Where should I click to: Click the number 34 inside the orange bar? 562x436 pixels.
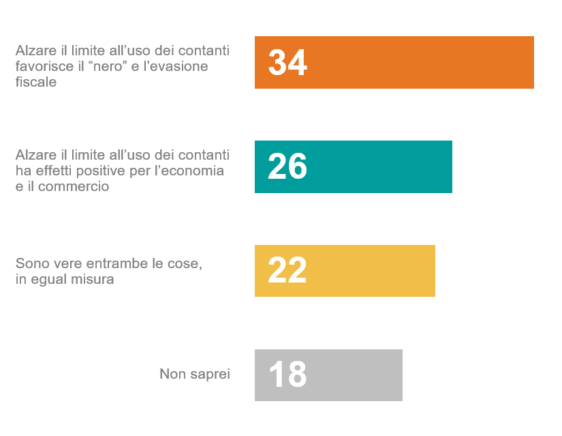click(287, 63)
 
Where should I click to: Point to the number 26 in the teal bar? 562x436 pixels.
click(287, 167)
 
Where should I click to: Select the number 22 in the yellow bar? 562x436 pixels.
click(287, 271)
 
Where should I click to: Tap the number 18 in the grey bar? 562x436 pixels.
click(287, 375)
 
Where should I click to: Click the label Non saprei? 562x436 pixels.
click(195, 374)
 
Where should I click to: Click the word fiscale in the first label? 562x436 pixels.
click(35, 82)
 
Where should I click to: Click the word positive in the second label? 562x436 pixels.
click(99, 171)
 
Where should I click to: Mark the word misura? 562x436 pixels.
click(94, 279)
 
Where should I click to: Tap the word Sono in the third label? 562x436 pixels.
click(30, 263)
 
